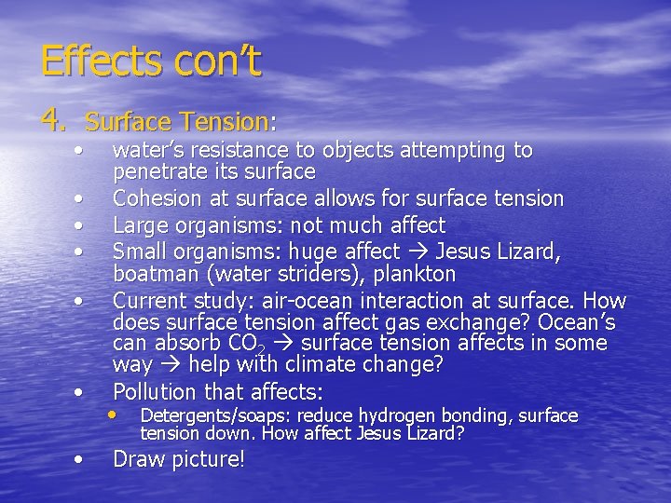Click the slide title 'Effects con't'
pyautogui.click(x=151, y=61)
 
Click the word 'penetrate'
pyautogui.click(x=154, y=172)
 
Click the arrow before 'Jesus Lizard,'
pyautogui.click(x=416, y=251)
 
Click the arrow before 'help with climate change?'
pyautogui.click(x=170, y=365)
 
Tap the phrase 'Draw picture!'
pyautogui.click(x=179, y=459)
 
